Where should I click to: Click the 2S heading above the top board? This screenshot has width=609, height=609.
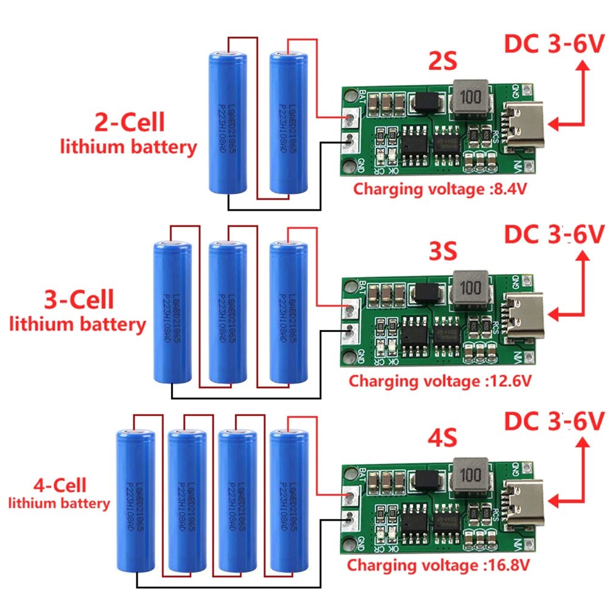(442, 63)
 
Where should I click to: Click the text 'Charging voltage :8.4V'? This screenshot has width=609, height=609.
(440, 189)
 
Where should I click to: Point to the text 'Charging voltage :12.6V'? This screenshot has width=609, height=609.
(440, 381)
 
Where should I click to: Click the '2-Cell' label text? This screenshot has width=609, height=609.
(129, 123)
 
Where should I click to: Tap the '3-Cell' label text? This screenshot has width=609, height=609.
(79, 300)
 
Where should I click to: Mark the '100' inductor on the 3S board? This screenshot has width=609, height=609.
(470, 287)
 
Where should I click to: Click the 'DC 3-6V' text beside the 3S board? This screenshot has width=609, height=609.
(552, 234)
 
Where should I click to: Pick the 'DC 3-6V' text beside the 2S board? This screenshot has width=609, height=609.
(552, 44)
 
